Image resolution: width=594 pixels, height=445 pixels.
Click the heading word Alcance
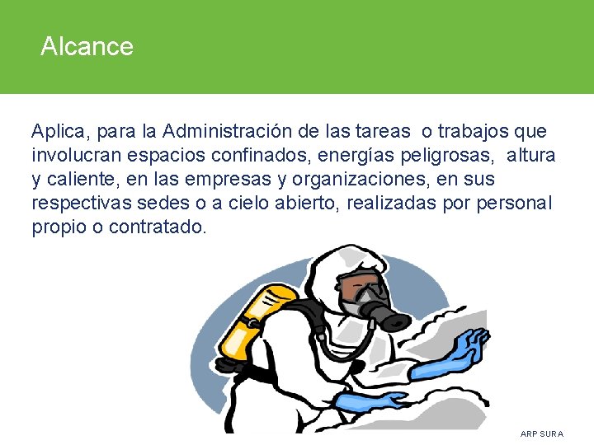coord(87,46)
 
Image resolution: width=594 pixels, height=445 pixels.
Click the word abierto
coord(302,203)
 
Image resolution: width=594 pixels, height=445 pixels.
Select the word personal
coord(516,203)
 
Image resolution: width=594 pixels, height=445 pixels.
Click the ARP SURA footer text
coord(542,433)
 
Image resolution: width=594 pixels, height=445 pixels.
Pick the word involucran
coord(76,155)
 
